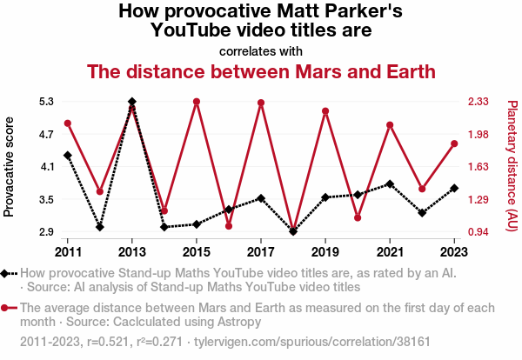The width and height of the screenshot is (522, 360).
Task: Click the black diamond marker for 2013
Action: pyautogui.click(x=131, y=102)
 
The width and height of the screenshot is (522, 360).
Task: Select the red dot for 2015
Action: pyautogui.click(x=197, y=102)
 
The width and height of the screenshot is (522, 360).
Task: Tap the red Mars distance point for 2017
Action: pyautogui.click(x=261, y=103)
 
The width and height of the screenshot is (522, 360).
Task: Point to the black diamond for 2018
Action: pyautogui.click(x=293, y=231)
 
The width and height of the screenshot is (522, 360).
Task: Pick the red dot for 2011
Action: pyautogui.click(x=68, y=123)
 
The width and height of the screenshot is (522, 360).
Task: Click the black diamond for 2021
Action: pyautogui.click(x=390, y=184)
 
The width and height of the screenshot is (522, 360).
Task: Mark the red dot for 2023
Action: pyautogui.click(x=454, y=143)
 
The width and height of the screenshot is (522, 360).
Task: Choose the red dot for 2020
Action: pyautogui.click(x=358, y=217)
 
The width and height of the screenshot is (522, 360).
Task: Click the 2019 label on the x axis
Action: pyautogui.click(x=325, y=252)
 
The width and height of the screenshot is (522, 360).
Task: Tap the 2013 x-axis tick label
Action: pyautogui.click(x=131, y=252)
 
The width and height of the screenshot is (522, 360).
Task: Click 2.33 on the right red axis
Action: pyautogui.click(x=479, y=101)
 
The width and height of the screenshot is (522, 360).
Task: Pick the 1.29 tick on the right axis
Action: pyautogui.click(x=479, y=200)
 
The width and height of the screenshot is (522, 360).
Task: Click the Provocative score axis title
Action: pyautogui.click(x=10, y=166)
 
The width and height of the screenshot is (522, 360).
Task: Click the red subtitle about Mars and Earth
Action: pyautogui.click(x=261, y=71)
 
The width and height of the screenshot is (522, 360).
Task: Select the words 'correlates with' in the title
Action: pyautogui.click(x=261, y=50)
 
